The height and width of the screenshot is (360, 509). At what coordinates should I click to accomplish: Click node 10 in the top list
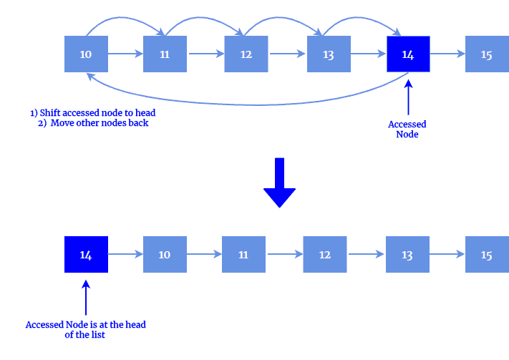(86, 54)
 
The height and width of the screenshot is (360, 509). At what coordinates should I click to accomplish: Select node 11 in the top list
(165, 54)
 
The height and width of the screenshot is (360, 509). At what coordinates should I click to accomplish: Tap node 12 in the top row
(246, 54)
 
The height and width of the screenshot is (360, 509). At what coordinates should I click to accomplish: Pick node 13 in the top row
(329, 54)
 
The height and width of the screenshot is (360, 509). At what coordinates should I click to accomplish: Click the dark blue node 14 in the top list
(408, 54)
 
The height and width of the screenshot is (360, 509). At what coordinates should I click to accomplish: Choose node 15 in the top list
(487, 54)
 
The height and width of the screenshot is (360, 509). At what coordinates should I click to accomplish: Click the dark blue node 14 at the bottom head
(86, 254)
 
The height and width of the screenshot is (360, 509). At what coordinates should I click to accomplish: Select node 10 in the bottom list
(165, 254)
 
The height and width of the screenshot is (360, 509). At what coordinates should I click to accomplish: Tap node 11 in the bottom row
(243, 254)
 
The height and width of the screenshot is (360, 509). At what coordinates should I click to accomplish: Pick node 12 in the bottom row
(325, 254)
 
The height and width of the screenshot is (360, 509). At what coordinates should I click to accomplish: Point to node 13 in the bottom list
(407, 254)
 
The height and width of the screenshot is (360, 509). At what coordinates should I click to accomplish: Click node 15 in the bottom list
(487, 254)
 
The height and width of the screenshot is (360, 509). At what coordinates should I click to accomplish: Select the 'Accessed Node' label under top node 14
(407, 130)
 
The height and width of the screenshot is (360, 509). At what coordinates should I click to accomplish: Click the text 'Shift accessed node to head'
(92, 113)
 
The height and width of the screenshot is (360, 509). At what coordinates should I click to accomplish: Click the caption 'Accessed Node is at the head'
(85, 325)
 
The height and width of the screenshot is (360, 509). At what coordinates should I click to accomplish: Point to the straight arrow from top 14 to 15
(447, 54)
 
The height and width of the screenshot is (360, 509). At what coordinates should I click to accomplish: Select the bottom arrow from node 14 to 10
(125, 254)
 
